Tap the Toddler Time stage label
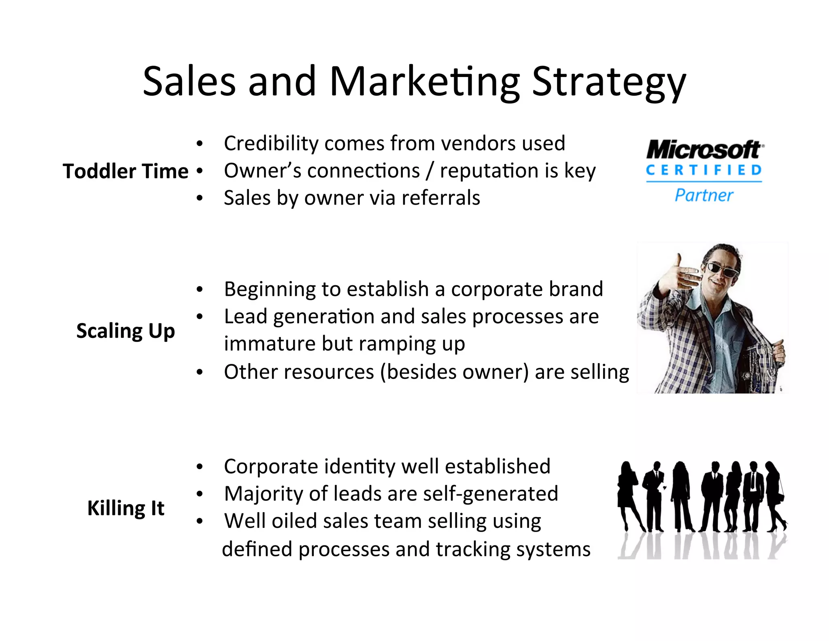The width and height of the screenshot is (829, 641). (x=125, y=171)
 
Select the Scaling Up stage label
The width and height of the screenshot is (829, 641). (x=125, y=331)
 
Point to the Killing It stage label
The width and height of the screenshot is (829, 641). (x=125, y=508)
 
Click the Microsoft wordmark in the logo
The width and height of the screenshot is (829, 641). (x=704, y=150)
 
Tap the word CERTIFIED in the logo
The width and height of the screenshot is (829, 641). (x=704, y=170)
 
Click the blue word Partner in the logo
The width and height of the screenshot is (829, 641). (x=704, y=195)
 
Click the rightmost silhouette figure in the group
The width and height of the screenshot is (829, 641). (x=775, y=496)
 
